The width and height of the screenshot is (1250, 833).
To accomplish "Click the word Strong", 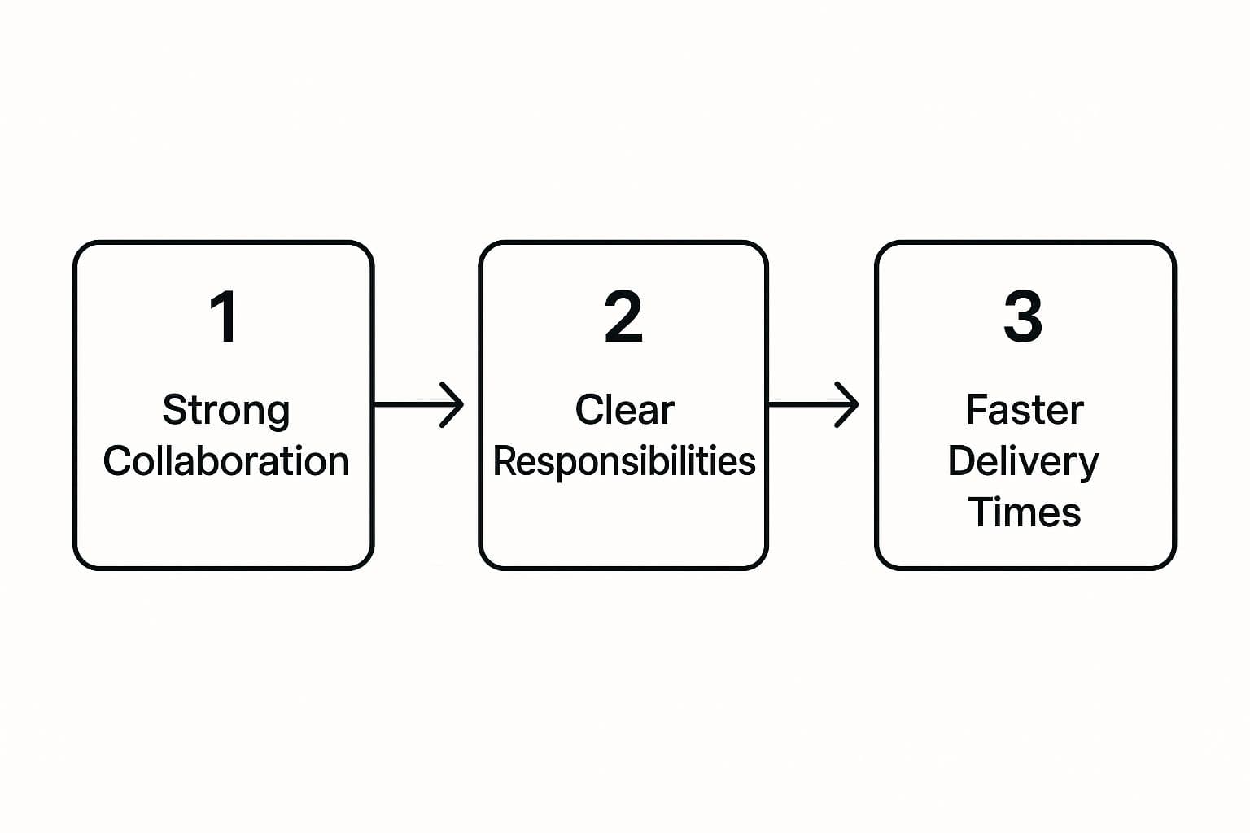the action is [226, 411].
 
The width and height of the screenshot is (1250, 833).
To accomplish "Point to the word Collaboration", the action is [226, 461].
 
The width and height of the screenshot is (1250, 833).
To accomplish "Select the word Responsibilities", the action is [624, 462].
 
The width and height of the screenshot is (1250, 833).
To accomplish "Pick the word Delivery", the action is [1023, 463].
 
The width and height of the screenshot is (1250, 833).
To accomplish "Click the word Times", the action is [1024, 512].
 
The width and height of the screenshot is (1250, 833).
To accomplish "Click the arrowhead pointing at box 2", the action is [452, 404].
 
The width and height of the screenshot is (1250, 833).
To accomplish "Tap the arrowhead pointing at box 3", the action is [846, 404].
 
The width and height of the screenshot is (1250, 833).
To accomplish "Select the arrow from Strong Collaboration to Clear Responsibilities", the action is [418, 404].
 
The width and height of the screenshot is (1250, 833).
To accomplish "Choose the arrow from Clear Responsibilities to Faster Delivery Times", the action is [814, 404].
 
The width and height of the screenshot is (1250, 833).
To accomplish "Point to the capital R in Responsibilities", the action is [505, 461].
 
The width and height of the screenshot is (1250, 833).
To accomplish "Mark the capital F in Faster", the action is [977, 409].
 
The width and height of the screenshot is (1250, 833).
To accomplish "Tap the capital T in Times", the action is [981, 512].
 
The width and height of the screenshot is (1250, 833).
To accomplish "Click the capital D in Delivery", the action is [962, 460].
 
